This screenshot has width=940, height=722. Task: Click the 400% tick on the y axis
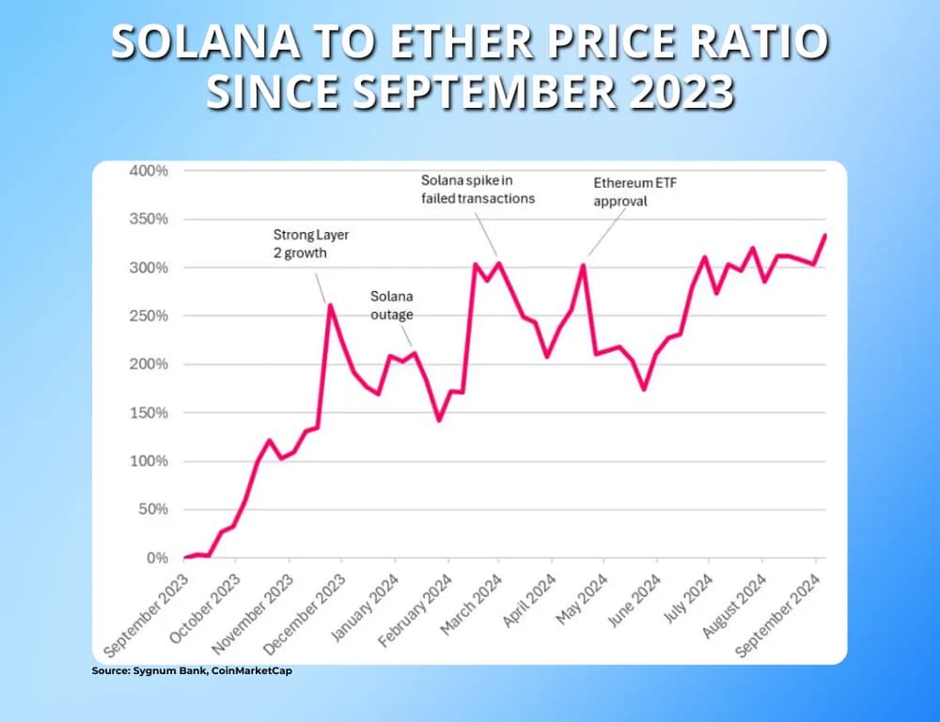click(149, 171)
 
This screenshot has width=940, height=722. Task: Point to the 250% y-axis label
click(149, 316)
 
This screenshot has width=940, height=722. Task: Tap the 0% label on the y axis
click(156, 559)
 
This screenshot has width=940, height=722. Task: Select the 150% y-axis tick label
click(149, 413)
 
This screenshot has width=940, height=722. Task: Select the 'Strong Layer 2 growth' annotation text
click(309, 244)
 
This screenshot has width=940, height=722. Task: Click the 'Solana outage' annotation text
click(391, 305)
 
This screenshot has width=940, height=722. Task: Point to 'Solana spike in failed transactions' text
click(478, 189)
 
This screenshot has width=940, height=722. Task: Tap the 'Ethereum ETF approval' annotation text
click(634, 192)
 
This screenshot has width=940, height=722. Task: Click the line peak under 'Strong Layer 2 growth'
click(328, 303)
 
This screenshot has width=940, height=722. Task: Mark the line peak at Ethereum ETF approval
click(584, 265)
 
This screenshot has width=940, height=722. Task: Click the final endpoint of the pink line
click(825, 235)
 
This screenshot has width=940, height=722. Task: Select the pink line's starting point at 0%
click(184, 558)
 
